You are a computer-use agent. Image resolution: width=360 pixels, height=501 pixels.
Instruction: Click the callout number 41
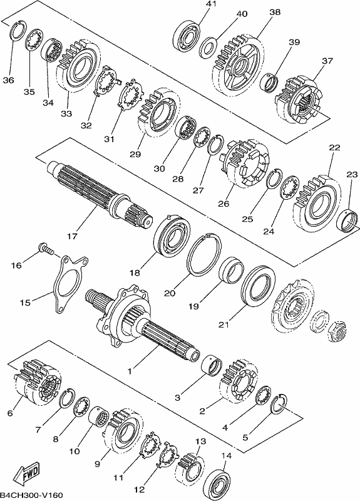pos(212,4)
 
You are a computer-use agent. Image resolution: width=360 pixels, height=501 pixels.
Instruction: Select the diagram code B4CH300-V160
pos(32,495)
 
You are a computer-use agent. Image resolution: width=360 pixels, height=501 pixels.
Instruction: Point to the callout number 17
pos(72,236)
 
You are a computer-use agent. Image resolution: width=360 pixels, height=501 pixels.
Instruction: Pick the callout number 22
pos(335,148)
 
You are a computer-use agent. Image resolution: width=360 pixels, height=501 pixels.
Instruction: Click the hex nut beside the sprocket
pos(338,332)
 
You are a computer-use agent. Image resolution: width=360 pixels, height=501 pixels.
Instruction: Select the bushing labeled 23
pos(348,220)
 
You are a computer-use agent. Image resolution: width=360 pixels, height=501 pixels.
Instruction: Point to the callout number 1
pos(130,371)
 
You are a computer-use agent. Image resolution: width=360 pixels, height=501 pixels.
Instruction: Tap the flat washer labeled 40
pos(208,48)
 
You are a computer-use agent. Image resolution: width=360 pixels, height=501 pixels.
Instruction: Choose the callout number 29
pos(135,154)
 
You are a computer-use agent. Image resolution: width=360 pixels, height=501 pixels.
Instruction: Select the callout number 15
pos(25,302)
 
